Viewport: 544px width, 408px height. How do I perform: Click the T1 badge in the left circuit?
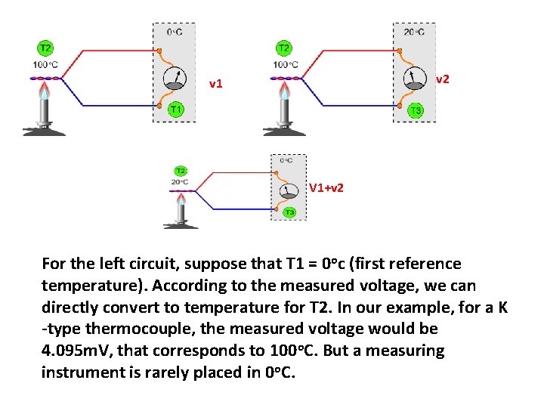pyautogui.click(x=175, y=110)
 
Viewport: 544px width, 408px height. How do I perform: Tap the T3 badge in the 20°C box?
pyautogui.click(x=415, y=111)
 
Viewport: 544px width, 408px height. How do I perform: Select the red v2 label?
pyautogui.click(x=444, y=79)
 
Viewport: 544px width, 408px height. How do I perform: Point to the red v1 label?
pyautogui.click(x=216, y=84)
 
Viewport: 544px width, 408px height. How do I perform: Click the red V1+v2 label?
pyautogui.click(x=326, y=187)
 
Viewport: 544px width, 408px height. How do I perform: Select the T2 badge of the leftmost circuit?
pyautogui.click(x=45, y=48)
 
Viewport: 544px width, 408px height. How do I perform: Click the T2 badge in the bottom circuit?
pyautogui.click(x=181, y=171)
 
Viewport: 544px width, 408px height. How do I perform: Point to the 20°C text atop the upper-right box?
pyautogui.click(x=414, y=32)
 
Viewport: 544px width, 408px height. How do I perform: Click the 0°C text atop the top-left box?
pyautogui.click(x=174, y=32)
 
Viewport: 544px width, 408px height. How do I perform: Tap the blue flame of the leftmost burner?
pyautogui.click(x=45, y=92)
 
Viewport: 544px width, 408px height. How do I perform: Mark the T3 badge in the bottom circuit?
pyautogui.click(x=289, y=213)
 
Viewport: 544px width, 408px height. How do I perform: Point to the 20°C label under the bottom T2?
pyautogui.click(x=181, y=181)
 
